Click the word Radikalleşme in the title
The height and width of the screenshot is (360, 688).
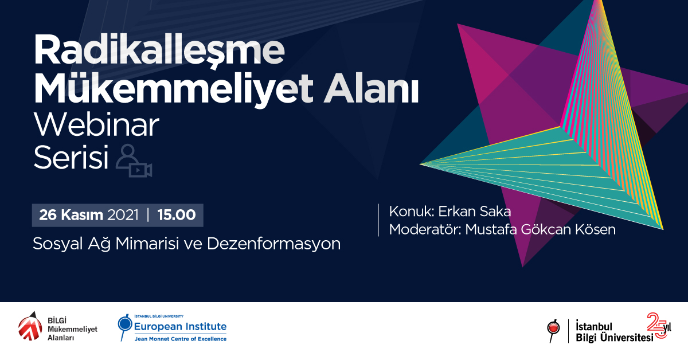pyautogui.click(x=159, y=50)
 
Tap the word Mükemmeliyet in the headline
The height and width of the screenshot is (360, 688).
pyautogui.click(x=174, y=89)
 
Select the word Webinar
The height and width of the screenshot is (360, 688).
pyautogui.click(x=96, y=125)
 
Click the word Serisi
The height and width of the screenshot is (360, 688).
pyautogui.click(x=71, y=157)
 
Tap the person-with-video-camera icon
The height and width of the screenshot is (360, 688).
pyautogui.click(x=134, y=161)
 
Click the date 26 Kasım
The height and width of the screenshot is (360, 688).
pyautogui.click(x=71, y=215)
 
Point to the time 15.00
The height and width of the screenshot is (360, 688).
pyautogui.click(x=177, y=215)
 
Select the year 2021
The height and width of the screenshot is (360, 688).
pyautogui.click(x=123, y=215)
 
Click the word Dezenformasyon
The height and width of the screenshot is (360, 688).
pyautogui.click(x=273, y=244)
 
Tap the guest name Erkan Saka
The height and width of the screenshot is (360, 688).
pyautogui.click(x=475, y=212)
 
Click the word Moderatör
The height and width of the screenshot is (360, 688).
pyautogui.click(x=425, y=229)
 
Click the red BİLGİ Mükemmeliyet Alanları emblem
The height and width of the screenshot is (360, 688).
pyautogui.click(x=30, y=327)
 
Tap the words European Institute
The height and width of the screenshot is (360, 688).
pyautogui.click(x=180, y=326)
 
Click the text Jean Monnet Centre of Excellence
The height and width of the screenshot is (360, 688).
pyautogui.click(x=180, y=339)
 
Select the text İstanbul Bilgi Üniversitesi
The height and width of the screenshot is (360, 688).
pyautogui.click(x=614, y=332)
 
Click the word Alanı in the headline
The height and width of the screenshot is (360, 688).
pyautogui.click(x=371, y=88)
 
